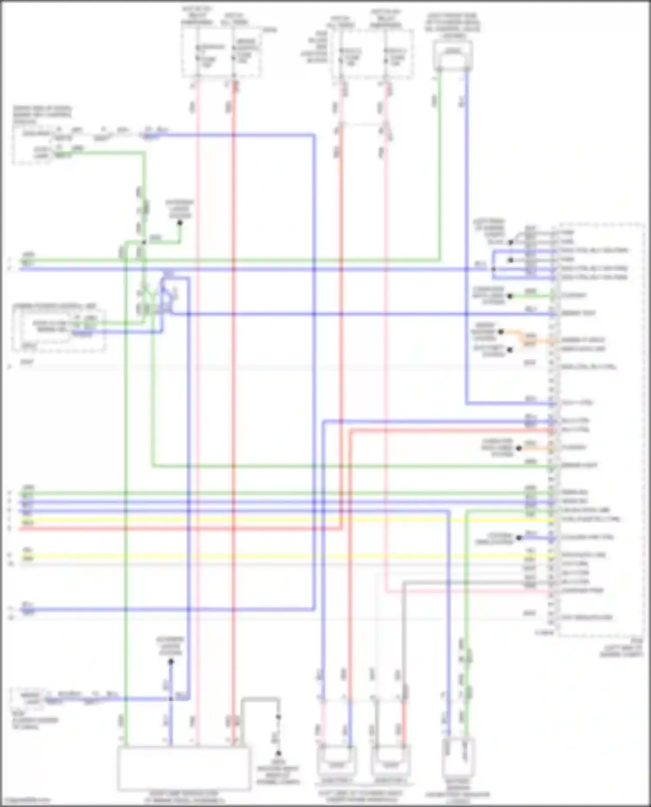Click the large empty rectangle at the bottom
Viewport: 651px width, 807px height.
(184, 768)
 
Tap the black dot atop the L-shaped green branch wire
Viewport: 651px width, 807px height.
(180, 223)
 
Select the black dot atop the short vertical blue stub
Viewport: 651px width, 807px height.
(171, 662)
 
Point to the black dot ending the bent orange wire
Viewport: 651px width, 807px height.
(501, 332)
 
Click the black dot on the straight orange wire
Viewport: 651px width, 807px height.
(519, 448)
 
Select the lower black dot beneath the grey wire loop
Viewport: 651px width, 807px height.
(279, 753)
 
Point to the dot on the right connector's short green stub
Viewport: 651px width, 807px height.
(510, 296)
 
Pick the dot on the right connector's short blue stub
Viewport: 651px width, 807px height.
(519, 538)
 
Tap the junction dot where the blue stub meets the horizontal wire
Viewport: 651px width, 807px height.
(171, 699)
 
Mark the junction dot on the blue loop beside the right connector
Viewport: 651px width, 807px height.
(493, 269)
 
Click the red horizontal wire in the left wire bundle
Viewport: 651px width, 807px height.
(174, 529)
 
